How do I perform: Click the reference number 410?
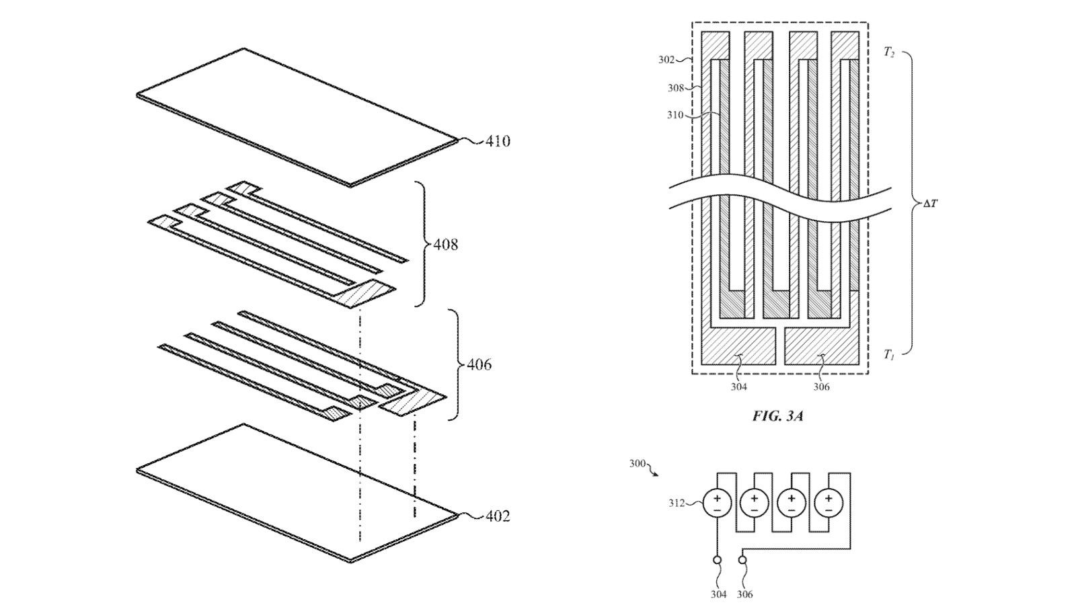498,141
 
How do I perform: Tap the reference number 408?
445,244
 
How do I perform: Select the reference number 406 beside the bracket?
479,364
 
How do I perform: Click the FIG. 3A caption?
778,416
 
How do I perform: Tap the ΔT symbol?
930,203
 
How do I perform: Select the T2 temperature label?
889,52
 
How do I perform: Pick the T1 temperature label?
889,354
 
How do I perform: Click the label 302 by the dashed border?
666,60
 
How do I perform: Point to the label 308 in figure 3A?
675,87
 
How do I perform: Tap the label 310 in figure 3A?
675,115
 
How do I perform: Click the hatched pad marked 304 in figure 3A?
738,346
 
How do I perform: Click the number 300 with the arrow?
637,464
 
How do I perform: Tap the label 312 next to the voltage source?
677,503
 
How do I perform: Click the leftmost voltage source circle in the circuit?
718,503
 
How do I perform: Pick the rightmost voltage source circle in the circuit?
829,503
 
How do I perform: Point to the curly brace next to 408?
423,243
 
